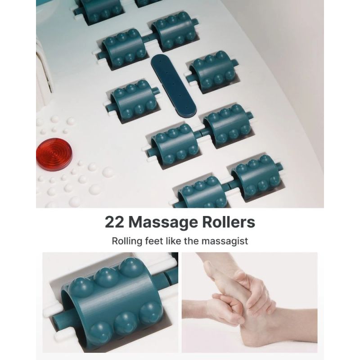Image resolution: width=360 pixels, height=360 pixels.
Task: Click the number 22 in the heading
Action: pyautogui.click(x=114, y=222)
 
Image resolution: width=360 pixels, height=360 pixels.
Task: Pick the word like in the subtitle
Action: pyautogui.click(x=175, y=241)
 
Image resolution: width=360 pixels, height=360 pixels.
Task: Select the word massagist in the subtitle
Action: pyautogui.click(x=226, y=241)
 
